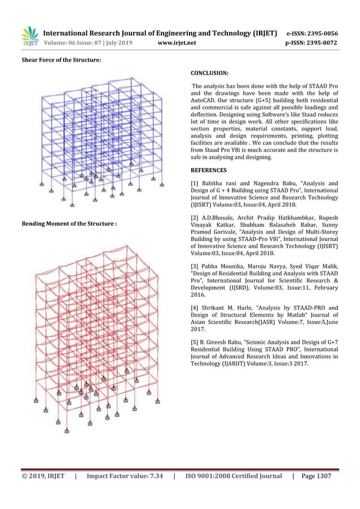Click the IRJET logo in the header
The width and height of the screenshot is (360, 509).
coord(29,36)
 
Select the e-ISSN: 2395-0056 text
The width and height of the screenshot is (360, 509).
coord(312,33)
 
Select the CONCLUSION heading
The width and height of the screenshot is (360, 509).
coord(209,73)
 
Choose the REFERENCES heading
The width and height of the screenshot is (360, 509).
coord(209,170)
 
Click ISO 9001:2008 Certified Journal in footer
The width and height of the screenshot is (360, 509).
coord(234,477)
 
